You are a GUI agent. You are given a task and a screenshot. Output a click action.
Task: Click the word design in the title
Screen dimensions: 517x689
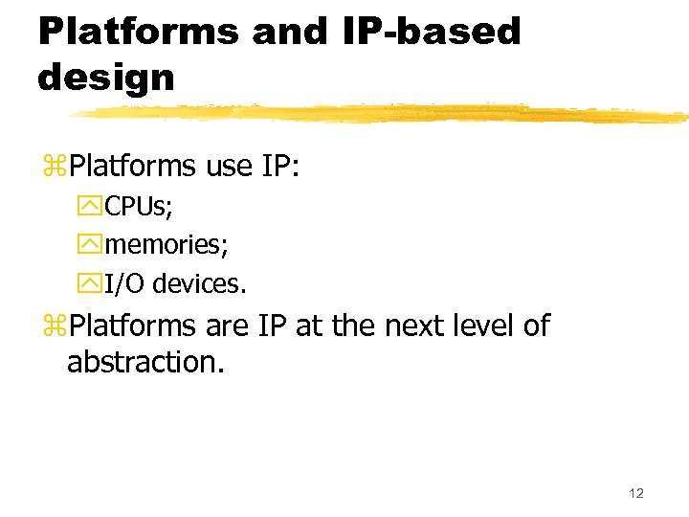point(106,77)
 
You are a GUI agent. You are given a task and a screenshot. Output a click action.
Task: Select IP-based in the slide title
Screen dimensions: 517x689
point(430,31)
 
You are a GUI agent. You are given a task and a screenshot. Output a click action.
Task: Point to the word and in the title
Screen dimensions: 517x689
point(290,31)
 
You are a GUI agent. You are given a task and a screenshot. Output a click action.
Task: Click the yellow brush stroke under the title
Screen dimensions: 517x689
point(383,114)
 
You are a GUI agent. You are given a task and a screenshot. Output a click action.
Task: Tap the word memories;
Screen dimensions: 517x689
point(167,244)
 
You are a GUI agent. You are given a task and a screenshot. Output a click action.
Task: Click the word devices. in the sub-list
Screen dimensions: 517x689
point(199,283)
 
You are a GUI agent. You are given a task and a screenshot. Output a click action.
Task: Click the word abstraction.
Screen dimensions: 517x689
point(145,363)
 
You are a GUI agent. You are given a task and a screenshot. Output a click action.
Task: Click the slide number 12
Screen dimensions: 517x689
point(636,493)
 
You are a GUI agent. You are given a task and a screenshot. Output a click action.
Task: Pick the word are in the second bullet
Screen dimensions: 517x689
point(228,326)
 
